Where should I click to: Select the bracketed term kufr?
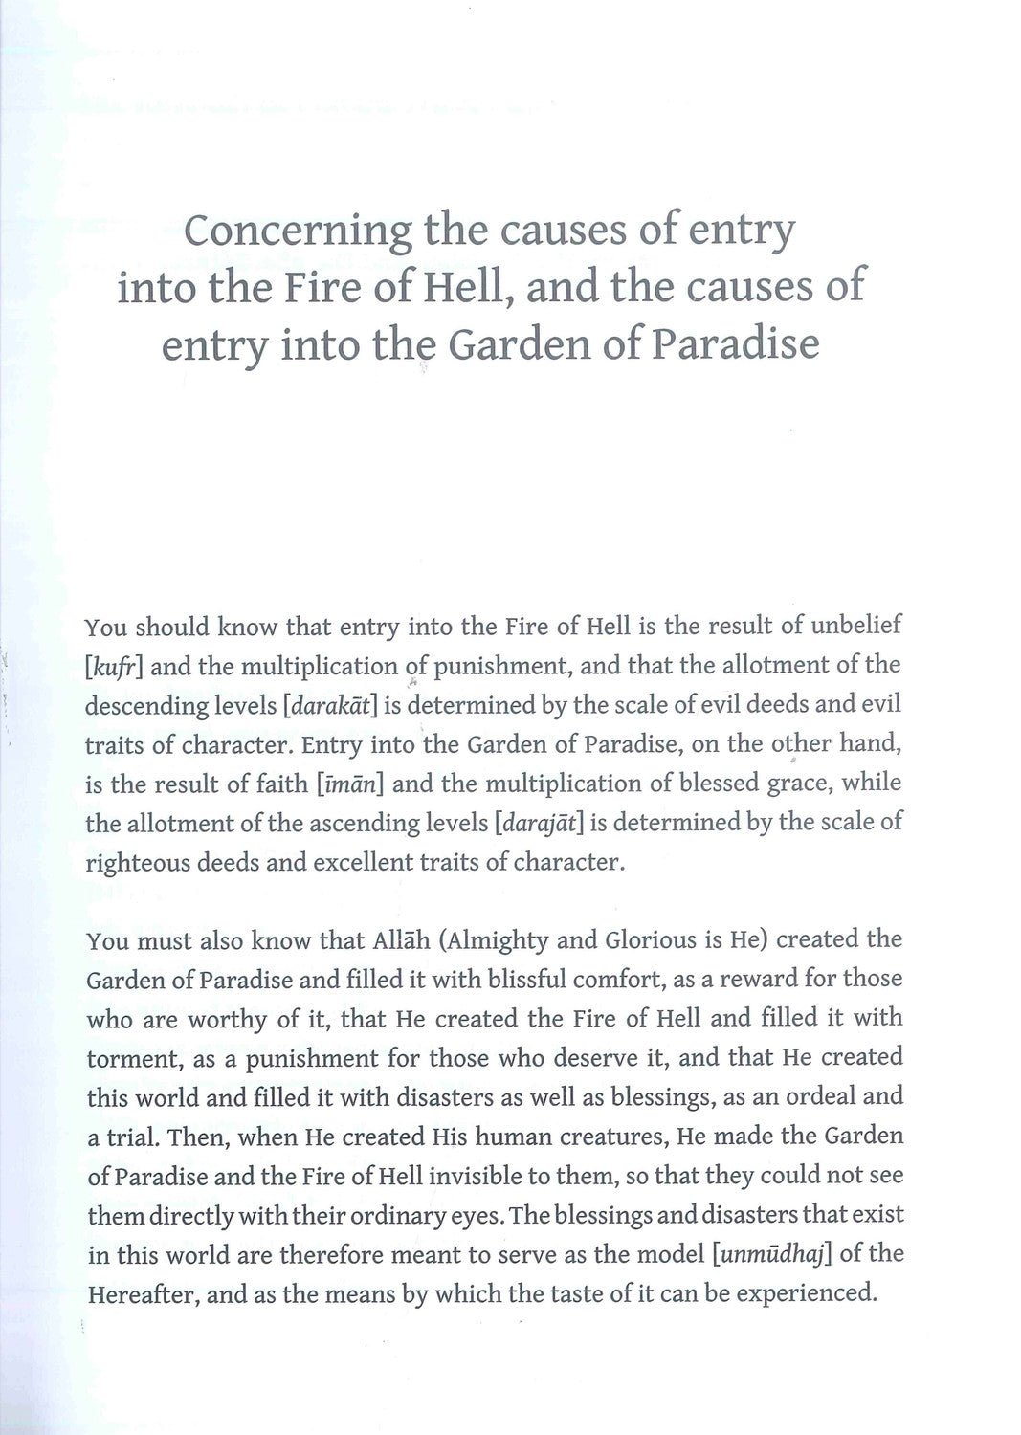(x=114, y=667)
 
